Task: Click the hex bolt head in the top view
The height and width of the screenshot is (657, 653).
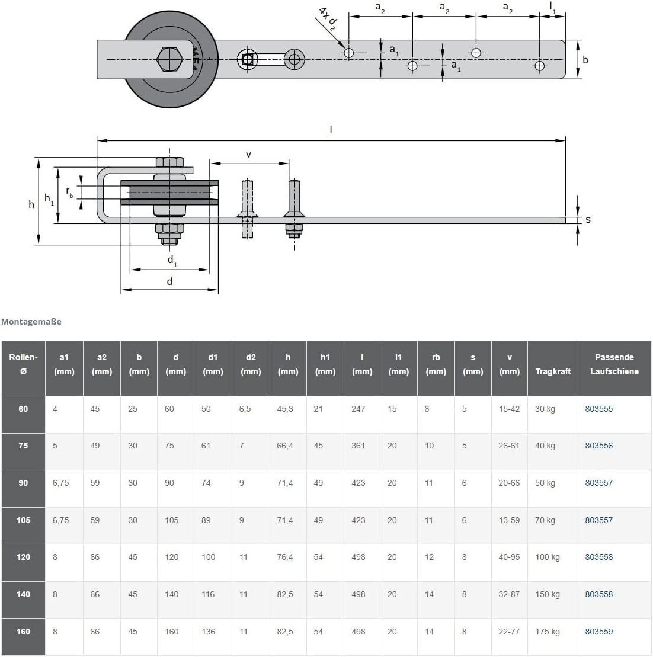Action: [169, 59]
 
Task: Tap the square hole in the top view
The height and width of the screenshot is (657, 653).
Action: [247, 59]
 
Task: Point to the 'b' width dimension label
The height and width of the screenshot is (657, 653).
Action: [585, 60]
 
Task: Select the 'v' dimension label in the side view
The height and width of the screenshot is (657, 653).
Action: [248, 155]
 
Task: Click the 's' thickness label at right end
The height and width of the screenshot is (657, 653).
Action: [588, 220]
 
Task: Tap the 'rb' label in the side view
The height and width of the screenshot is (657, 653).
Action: [69, 193]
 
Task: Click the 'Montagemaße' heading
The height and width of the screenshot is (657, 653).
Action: [31, 321]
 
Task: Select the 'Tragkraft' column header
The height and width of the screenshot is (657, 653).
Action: [553, 371]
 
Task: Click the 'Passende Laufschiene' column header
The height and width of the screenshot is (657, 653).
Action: [614, 364]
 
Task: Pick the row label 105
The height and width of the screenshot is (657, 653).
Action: [24, 520]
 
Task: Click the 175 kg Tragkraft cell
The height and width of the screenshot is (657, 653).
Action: [548, 632]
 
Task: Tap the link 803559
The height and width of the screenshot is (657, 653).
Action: [599, 632]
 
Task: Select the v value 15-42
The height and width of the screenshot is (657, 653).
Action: [509, 409]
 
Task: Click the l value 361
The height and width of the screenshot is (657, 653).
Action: [358, 446]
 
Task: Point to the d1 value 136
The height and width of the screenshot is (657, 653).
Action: [209, 632]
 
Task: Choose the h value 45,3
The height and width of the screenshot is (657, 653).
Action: [285, 409]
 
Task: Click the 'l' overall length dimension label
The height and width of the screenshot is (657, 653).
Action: [331, 130]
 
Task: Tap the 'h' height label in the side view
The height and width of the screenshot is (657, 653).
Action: [31, 204]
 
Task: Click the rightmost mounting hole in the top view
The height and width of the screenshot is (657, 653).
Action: [539, 66]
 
